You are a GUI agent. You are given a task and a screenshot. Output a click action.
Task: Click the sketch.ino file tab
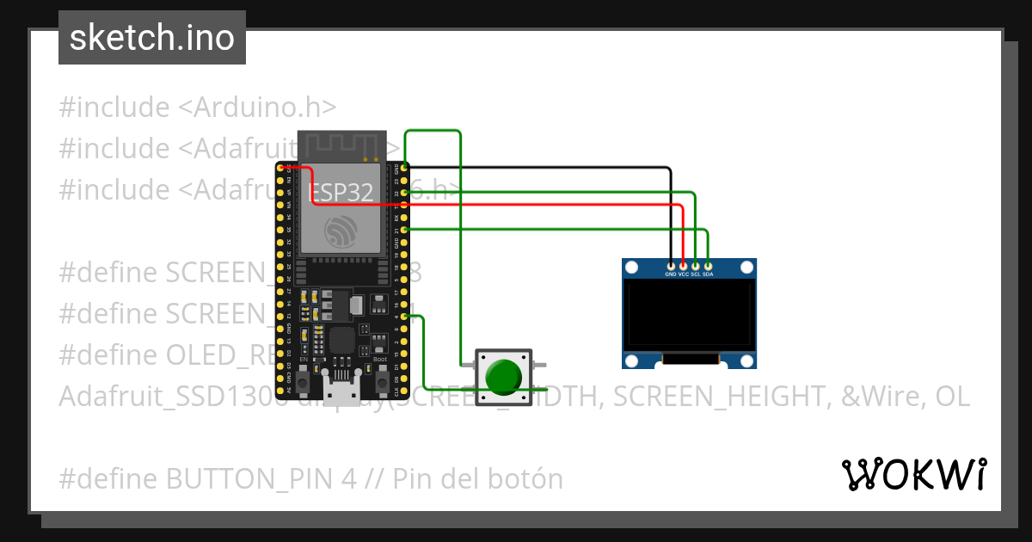(151, 38)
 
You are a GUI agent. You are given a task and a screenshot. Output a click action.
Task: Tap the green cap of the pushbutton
(503, 376)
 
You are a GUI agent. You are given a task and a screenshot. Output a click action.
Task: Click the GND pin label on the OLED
(671, 274)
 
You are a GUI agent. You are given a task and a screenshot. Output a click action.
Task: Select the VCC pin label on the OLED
(683, 274)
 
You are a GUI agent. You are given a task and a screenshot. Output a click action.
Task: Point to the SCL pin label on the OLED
(695, 274)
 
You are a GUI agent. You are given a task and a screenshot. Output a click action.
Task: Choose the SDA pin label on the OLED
(708, 274)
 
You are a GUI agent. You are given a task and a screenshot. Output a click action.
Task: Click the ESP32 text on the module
(341, 192)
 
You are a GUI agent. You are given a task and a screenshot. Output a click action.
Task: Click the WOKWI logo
(913, 474)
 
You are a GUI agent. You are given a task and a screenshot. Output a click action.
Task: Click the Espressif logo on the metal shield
(341, 231)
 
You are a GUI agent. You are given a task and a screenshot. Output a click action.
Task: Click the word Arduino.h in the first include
(264, 108)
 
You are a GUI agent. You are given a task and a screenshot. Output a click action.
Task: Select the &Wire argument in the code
(877, 397)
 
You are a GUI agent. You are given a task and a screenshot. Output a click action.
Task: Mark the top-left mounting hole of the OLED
(631, 268)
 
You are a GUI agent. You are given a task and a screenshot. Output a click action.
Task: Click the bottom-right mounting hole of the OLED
(747, 360)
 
